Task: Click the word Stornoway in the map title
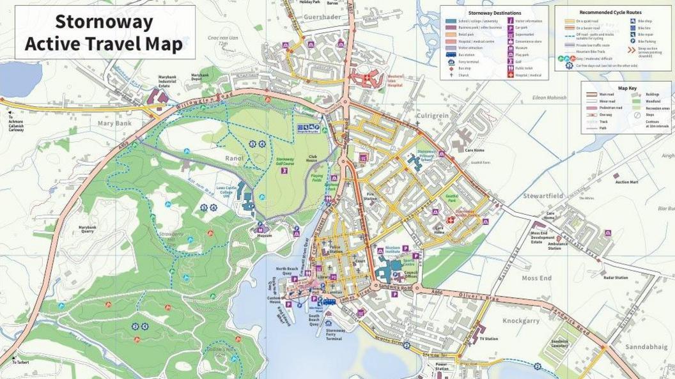point(104,22)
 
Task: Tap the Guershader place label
point(323,17)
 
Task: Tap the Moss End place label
point(536,279)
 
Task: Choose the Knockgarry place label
point(521,321)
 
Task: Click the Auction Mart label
point(627,182)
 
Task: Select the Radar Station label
point(616,278)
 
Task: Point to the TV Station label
point(488,339)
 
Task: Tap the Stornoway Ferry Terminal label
point(334,334)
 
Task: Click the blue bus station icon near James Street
point(329,301)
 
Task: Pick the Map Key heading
point(627,88)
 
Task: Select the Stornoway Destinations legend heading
point(494,13)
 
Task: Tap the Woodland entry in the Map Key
point(658,101)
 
